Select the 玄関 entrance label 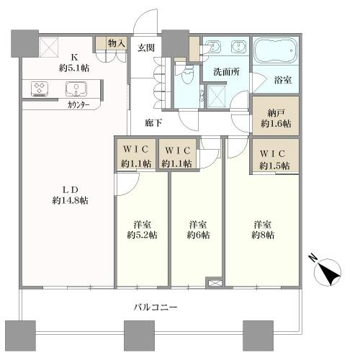146,48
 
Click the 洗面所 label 225,72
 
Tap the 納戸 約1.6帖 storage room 274,118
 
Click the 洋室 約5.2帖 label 142,228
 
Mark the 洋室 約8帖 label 262,228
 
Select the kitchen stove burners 40,89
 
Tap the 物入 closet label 117,45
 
